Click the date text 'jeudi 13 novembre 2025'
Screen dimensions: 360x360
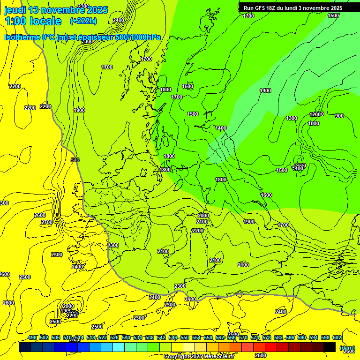[56, 10]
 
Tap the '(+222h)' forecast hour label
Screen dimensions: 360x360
[83, 21]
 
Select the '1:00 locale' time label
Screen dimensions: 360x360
[33, 21]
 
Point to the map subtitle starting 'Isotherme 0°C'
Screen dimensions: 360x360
[82, 37]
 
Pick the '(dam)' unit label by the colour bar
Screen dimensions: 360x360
[347, 348]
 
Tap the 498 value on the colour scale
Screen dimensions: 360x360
[32, 337]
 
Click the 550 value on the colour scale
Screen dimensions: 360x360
[185, 337]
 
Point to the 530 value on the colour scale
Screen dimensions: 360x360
[126, 337]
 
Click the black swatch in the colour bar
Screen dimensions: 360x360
[330, 347]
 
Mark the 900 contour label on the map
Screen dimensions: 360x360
[339, 116]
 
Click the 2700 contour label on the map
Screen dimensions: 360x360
[47, 222]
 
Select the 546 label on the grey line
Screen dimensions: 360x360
[75, 160]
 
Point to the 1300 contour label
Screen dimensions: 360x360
[292, 118]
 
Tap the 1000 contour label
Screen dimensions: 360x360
[314, 123]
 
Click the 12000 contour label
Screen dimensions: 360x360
[316, 114]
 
